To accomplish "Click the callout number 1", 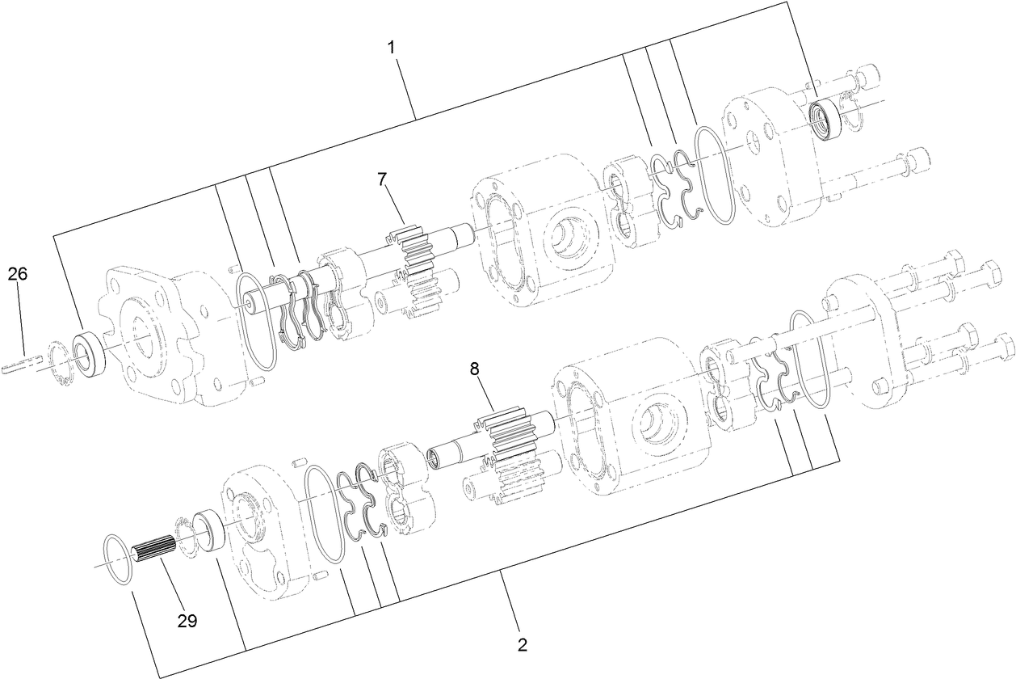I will (x=391, y=48).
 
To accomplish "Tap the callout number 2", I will (x=523, y=644).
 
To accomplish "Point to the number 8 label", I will (x=475, y=369).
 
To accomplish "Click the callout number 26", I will (x=18, y=274).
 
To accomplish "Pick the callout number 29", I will (x=187, y=620).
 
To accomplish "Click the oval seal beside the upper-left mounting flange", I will (x=256, y=322).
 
